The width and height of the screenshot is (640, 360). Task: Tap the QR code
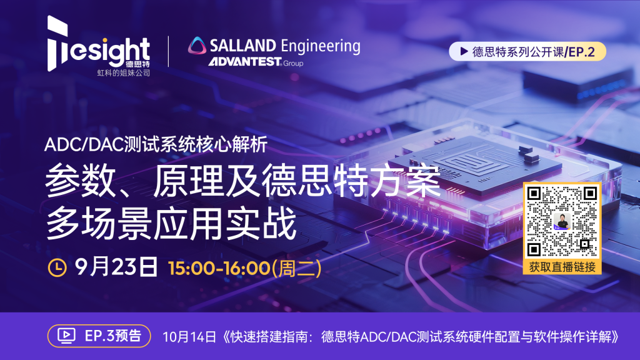561,222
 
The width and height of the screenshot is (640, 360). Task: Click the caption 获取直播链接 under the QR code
561,267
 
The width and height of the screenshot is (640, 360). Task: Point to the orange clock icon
57,267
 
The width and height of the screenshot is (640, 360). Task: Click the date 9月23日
115,267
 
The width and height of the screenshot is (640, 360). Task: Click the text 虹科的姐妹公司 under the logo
123,73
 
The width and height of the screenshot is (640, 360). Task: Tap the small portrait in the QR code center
561,222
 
